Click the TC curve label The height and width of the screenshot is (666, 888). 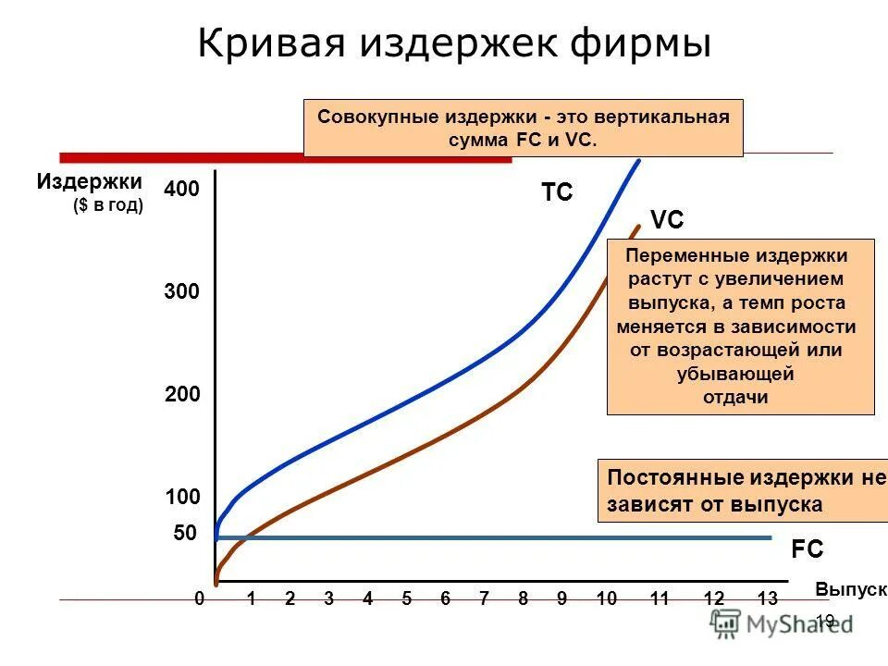[x=557, y=192]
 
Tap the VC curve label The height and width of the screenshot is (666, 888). [x=667, y=220]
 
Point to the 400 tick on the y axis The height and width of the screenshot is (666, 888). [x=181, y=190]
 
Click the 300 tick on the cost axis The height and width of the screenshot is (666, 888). [x=181, y=292]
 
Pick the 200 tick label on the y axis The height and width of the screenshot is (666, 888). [x=181, y=395]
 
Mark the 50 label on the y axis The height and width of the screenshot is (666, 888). [x=186, y=534]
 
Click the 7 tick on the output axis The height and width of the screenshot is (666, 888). [x=484, y=598]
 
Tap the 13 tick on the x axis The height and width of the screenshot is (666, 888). [x=767, y=598]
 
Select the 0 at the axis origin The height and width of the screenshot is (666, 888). [x=199, y=598]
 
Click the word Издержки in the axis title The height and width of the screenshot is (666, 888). [x=90, y=181]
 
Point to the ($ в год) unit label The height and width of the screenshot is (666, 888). [x=108, y=205]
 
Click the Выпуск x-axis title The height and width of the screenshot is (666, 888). [x=851, y=589]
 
